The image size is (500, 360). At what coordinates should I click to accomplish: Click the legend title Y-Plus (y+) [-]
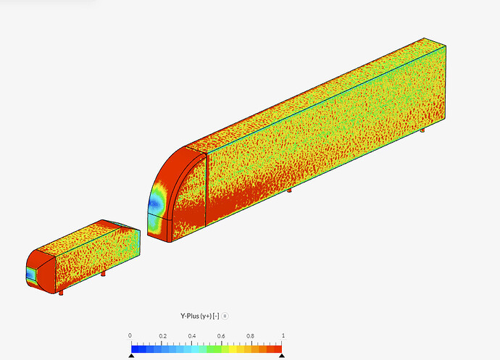click(x=199, y=316)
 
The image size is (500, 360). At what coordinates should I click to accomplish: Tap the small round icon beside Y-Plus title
click(x=225, y=316)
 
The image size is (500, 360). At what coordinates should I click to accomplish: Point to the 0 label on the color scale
click(x=130, y=335)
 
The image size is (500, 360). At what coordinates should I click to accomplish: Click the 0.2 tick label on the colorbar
click(x=162, y=336)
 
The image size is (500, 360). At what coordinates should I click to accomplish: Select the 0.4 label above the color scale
click(x=191, y=336)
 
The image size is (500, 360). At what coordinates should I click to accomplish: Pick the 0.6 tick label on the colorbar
click(x=221, y=336)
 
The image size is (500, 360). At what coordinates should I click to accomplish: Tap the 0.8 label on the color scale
click(x=250, y=336)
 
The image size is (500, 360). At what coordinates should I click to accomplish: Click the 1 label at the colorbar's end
click(x=283, y=335)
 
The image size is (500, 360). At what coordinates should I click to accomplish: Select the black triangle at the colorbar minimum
click(x=131, y=356)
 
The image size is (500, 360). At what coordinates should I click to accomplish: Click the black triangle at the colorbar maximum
click(x=282, y=356)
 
